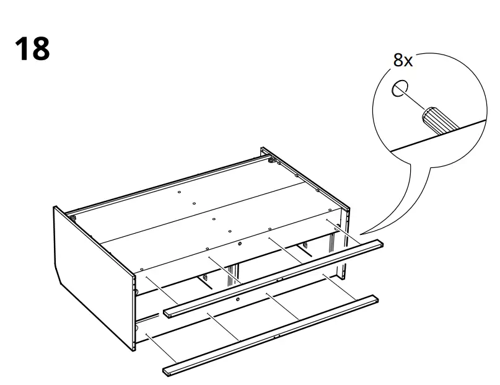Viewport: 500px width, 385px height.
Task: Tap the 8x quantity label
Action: pos(403,60)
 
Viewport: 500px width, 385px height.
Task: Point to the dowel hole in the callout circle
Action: pos(400,88)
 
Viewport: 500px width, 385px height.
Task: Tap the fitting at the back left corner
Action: pos(74,218)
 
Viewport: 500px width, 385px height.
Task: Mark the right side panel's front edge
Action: pos(344,248)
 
